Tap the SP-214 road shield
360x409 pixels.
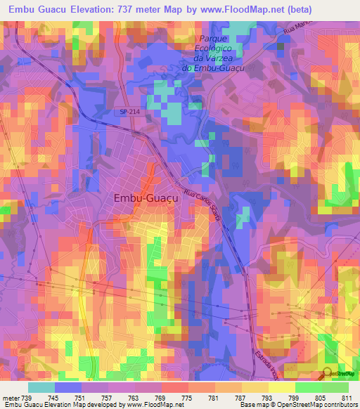click(x=125, y=112)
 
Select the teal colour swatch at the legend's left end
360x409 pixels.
click(x=41, y=387)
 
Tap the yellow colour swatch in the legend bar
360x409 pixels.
click(x=281, y=387)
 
